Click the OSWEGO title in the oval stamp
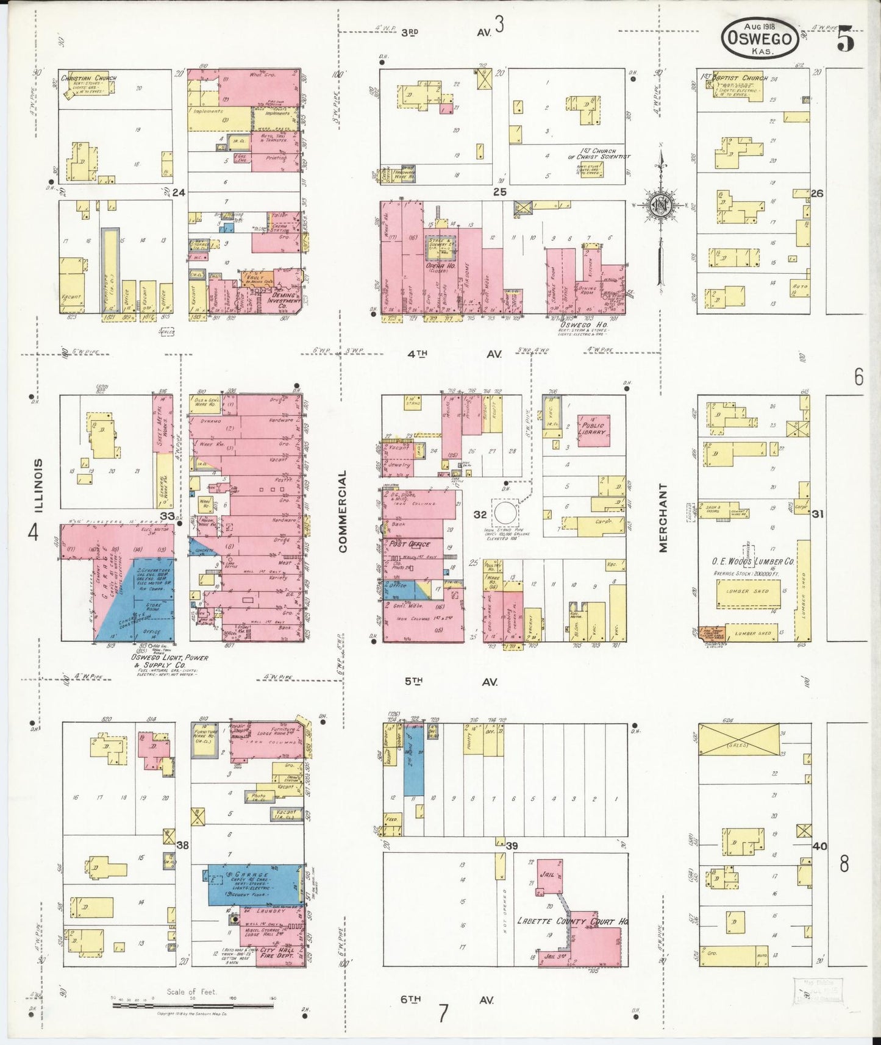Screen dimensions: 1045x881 (760, 39)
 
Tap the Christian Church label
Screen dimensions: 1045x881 (88, 78)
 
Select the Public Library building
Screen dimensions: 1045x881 (593, 429)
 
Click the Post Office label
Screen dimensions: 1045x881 (410, 544)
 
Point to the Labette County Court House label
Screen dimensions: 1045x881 (572, 921)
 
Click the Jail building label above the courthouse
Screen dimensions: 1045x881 (548, 874)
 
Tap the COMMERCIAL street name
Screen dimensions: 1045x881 (342, 511)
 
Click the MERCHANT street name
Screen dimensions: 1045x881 (663, 518)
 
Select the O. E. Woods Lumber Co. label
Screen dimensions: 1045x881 (753, 562)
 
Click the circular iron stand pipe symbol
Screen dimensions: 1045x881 (505, 513)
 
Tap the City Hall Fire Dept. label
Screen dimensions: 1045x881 (277, 952)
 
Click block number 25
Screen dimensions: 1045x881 (500, 192)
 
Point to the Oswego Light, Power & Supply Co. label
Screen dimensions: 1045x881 (169, 661)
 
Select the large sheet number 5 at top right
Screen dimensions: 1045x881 (845, 40)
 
